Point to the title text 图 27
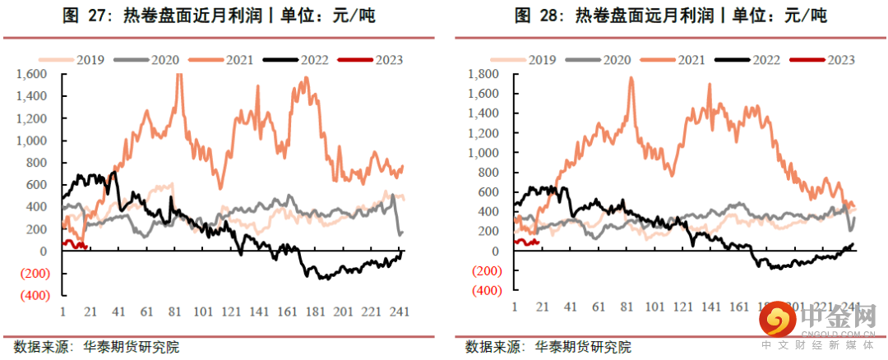click(x=84, y=16)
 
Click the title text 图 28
click(x=536, y=16)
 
